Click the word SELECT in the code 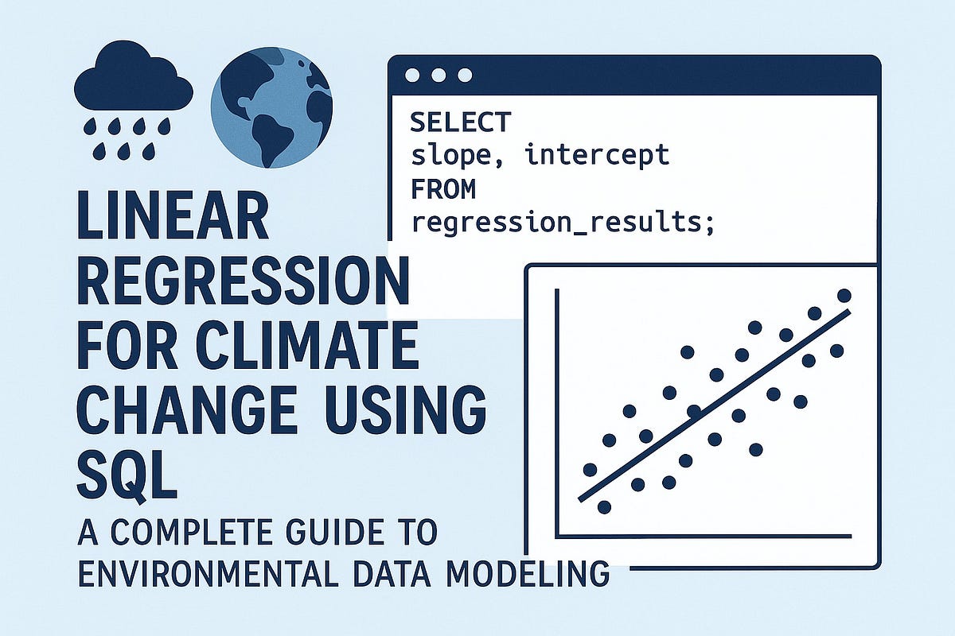pos(460,122)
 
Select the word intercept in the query pos(596,155)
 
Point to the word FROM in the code pos(442,189)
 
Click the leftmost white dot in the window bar pos(411,75)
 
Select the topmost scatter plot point pos(844,296)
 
